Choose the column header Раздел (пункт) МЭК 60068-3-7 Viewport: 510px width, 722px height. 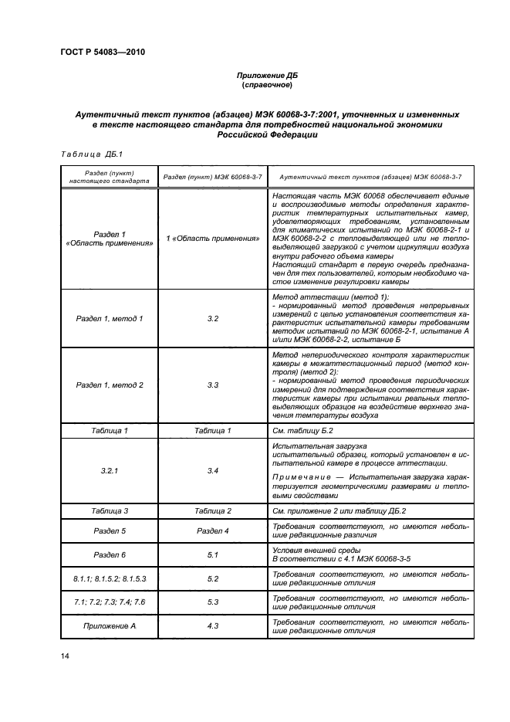pyautogui.click(x=213, y=177)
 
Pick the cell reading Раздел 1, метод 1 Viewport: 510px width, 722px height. pyautogui.click(x=109, y=318)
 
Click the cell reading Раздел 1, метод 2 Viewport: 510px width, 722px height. pyautogui.click(x=109, y=385)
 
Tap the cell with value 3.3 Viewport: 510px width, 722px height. pyautogui.click(x=213, y=385)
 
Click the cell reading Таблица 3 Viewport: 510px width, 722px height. pyautogui.click(x=109, y=511)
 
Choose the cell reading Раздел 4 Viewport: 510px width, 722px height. pyautogui.click(x=213, y=530)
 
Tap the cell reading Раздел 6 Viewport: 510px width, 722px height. pyautogui.click(x=109, y=554)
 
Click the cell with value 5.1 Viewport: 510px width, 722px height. pyautogui.click(x=213, y=554)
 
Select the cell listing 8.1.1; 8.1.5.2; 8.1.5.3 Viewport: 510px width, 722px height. pyautogui.click(x=109, y=578)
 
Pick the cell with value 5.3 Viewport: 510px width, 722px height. pyautogui.click(x=213, y=602)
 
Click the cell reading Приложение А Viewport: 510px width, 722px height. pyautogui.click(x=109, y=626)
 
